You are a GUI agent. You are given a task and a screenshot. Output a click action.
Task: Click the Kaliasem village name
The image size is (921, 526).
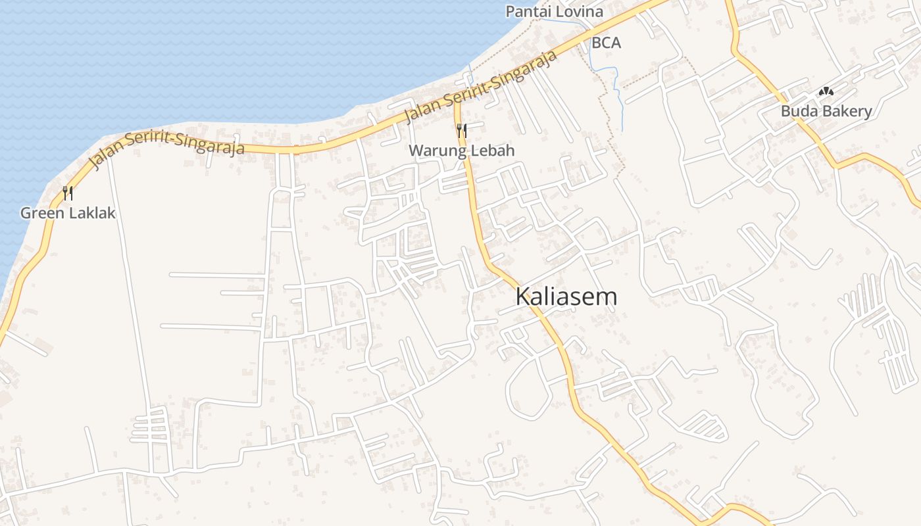point(566,297)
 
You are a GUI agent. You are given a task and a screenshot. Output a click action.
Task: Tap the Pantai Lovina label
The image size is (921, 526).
point(554,11)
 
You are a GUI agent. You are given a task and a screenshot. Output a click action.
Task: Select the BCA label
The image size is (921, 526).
point(606,43)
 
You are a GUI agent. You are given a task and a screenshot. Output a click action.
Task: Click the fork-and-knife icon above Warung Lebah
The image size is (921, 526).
point(461,130)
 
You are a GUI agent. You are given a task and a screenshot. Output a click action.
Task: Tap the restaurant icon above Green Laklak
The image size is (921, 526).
point(67,193)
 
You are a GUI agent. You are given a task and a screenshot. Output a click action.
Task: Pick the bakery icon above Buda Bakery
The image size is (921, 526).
point(826,92)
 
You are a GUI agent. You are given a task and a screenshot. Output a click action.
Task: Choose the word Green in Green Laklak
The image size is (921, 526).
point(39,213)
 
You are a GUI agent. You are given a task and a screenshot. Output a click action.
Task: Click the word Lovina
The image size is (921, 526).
point(579,11)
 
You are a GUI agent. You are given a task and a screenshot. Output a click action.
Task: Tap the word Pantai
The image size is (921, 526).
point(528,11)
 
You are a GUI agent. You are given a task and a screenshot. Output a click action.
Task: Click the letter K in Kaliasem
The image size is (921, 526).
point(523,297)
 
